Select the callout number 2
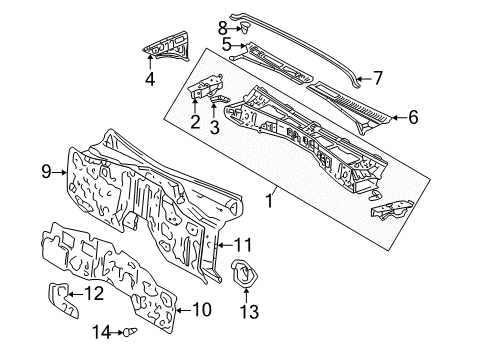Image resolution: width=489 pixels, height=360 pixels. tap(195, 122)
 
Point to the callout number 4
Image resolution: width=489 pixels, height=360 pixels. tap(149, 77)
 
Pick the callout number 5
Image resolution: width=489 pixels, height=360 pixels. tap(227, 45)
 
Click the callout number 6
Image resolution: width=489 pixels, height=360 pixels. tap(412, 117)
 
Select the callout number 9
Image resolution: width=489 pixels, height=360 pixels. tap(45, 173)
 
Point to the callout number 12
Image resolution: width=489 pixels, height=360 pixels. tap(121, 293)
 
